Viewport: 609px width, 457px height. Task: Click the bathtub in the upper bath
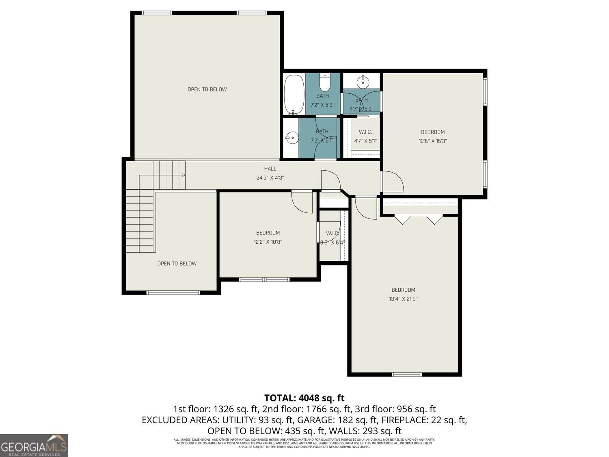[294, 94]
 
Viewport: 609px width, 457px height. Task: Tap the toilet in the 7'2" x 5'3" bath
[325, 83]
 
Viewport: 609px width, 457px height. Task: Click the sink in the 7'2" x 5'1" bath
[291, 138]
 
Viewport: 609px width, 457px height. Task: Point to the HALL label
[270, 169]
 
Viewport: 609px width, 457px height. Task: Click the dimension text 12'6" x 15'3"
[433, 141]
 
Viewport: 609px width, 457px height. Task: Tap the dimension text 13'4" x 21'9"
[403, 299]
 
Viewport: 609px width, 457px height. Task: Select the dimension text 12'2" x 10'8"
[268, 242]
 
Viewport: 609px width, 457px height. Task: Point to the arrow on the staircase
[184, 175]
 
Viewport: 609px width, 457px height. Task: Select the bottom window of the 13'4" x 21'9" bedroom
[406, 374]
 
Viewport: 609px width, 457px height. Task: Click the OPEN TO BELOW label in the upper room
[207, 89]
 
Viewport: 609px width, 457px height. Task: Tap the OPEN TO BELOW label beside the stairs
[177, 264]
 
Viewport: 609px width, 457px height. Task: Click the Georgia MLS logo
[34, 446]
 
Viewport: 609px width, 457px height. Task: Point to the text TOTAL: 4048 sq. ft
[304, 398]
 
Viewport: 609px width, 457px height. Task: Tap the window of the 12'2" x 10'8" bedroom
[264, 279]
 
